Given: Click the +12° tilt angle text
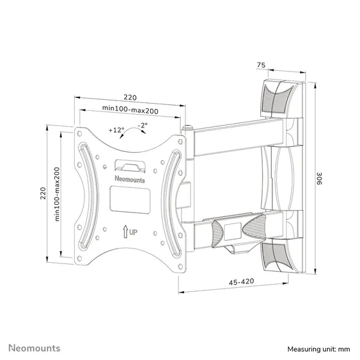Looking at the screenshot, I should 117,130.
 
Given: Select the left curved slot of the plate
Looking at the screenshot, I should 86,194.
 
